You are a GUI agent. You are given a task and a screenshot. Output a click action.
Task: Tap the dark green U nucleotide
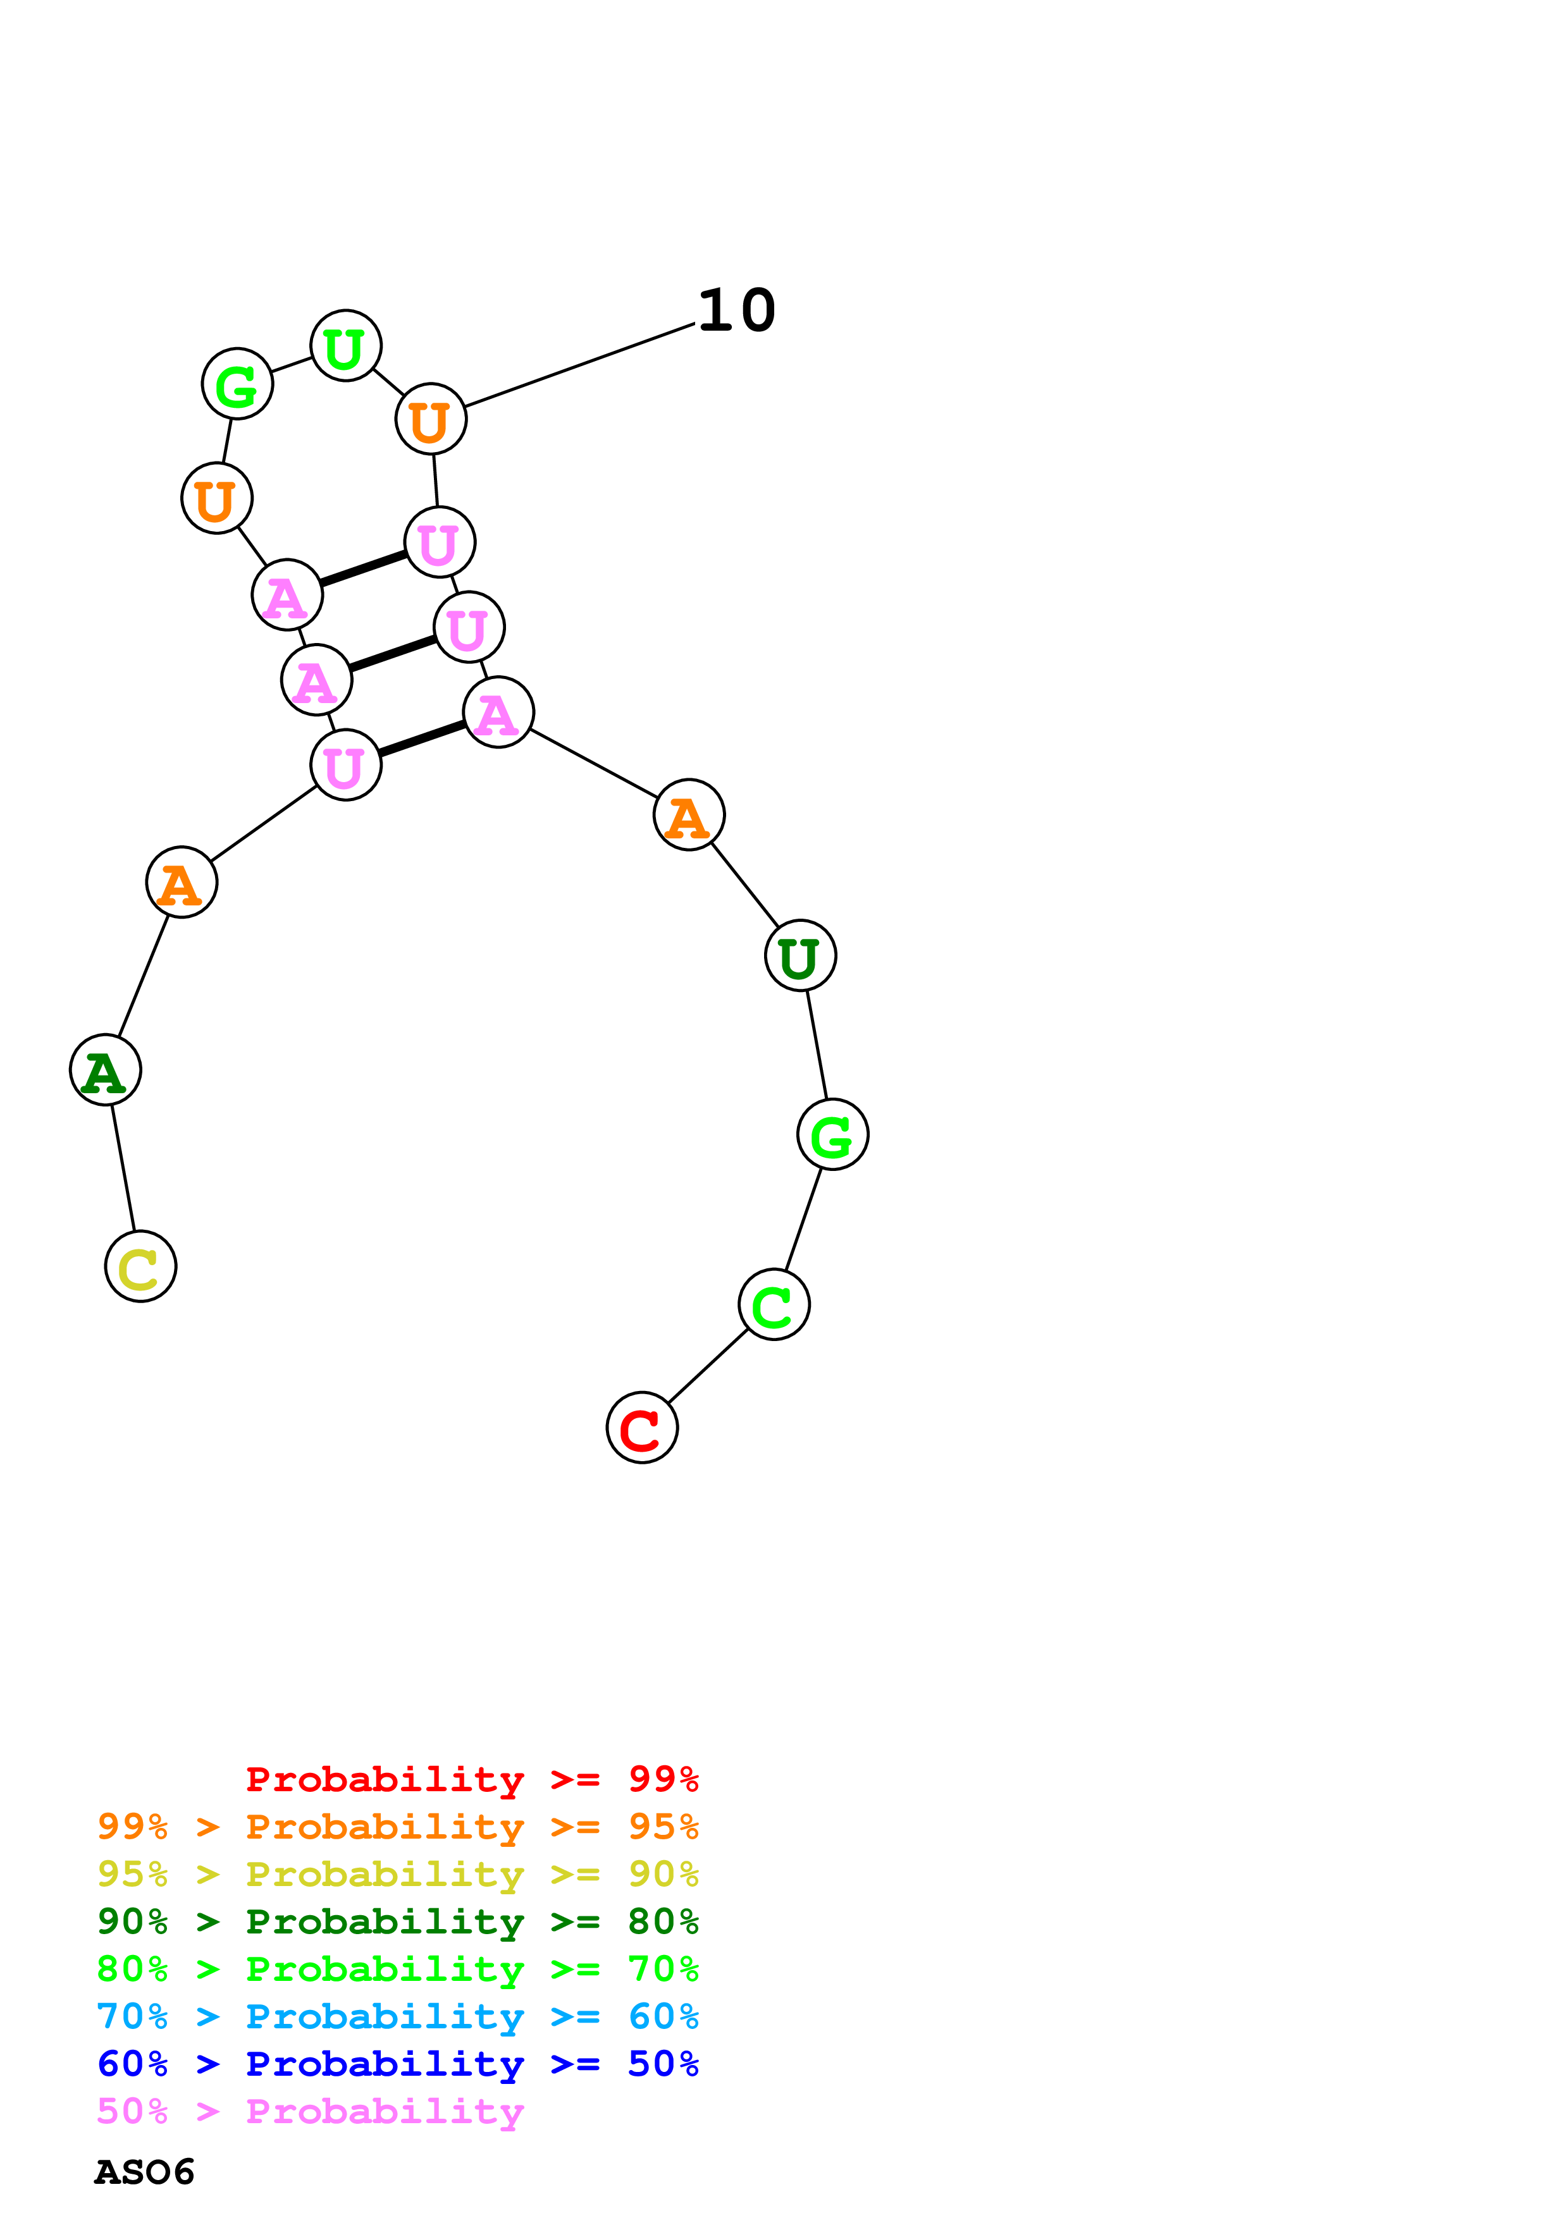(x=800, y=955)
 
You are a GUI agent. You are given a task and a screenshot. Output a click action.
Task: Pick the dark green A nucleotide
(x=105, y=1070)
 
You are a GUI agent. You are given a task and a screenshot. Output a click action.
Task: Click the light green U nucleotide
(x=346, y=346)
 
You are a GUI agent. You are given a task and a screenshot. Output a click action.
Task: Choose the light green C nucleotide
(x=774, y=1304)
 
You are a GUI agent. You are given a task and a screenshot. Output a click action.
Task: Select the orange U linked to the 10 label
(x=431, y=419)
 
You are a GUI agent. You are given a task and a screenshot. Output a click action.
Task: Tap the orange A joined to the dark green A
(x=182, y=882)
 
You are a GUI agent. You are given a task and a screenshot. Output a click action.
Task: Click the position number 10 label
(x=736, y=311)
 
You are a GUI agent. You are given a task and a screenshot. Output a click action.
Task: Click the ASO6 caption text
(x=145, y=2172)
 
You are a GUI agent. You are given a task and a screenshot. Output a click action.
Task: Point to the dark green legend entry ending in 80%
(x=398, y=1921)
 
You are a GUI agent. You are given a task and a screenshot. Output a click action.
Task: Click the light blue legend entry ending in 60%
(x=398, y=2016)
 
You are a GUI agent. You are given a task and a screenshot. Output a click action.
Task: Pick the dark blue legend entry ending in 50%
(x=398, y=2064)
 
